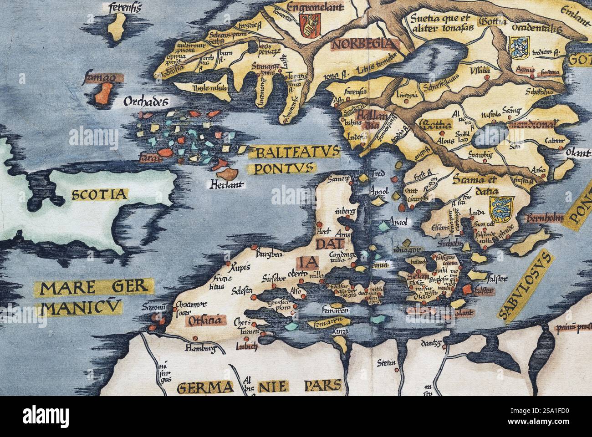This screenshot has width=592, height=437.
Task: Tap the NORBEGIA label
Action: point(362,44)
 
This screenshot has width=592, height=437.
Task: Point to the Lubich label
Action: point(246,346)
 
